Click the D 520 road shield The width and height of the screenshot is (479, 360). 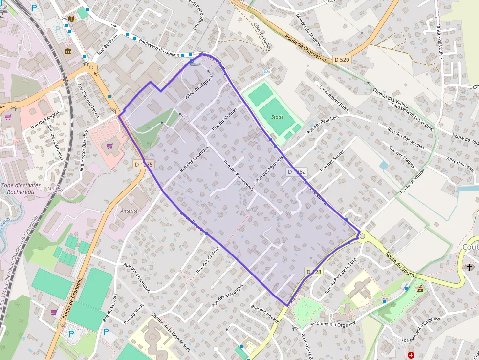click(x=342, y=60)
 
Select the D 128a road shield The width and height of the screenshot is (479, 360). click(x=297, y=172)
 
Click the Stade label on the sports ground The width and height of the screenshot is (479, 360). click(x=277, y=117)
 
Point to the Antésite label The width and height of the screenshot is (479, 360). click(x=129, y=211)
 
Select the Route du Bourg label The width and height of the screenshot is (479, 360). click(x=400, y=264)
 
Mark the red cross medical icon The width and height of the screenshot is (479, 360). click(x=411, y=355)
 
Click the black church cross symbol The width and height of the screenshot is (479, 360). click(x=470, y=267)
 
